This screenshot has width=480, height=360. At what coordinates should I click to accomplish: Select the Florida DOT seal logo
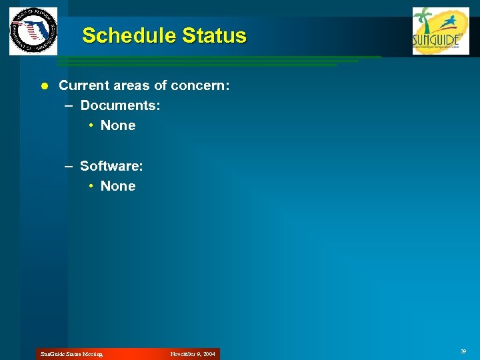coord(33,31)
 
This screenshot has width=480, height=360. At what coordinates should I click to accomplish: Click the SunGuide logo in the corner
coord(441,31)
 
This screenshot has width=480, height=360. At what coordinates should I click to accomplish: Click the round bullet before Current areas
coord(44,85)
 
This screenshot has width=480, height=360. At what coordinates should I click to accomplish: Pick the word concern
coord(201,85)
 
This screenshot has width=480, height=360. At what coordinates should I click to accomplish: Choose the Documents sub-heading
coord(120,105)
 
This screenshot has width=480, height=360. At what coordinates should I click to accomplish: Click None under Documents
coord(118,125)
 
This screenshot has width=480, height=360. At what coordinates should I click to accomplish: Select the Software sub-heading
coord(111,165)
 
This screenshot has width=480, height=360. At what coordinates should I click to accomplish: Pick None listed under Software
coord(118,186)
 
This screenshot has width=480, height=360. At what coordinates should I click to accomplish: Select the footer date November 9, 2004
coord(193,354)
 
